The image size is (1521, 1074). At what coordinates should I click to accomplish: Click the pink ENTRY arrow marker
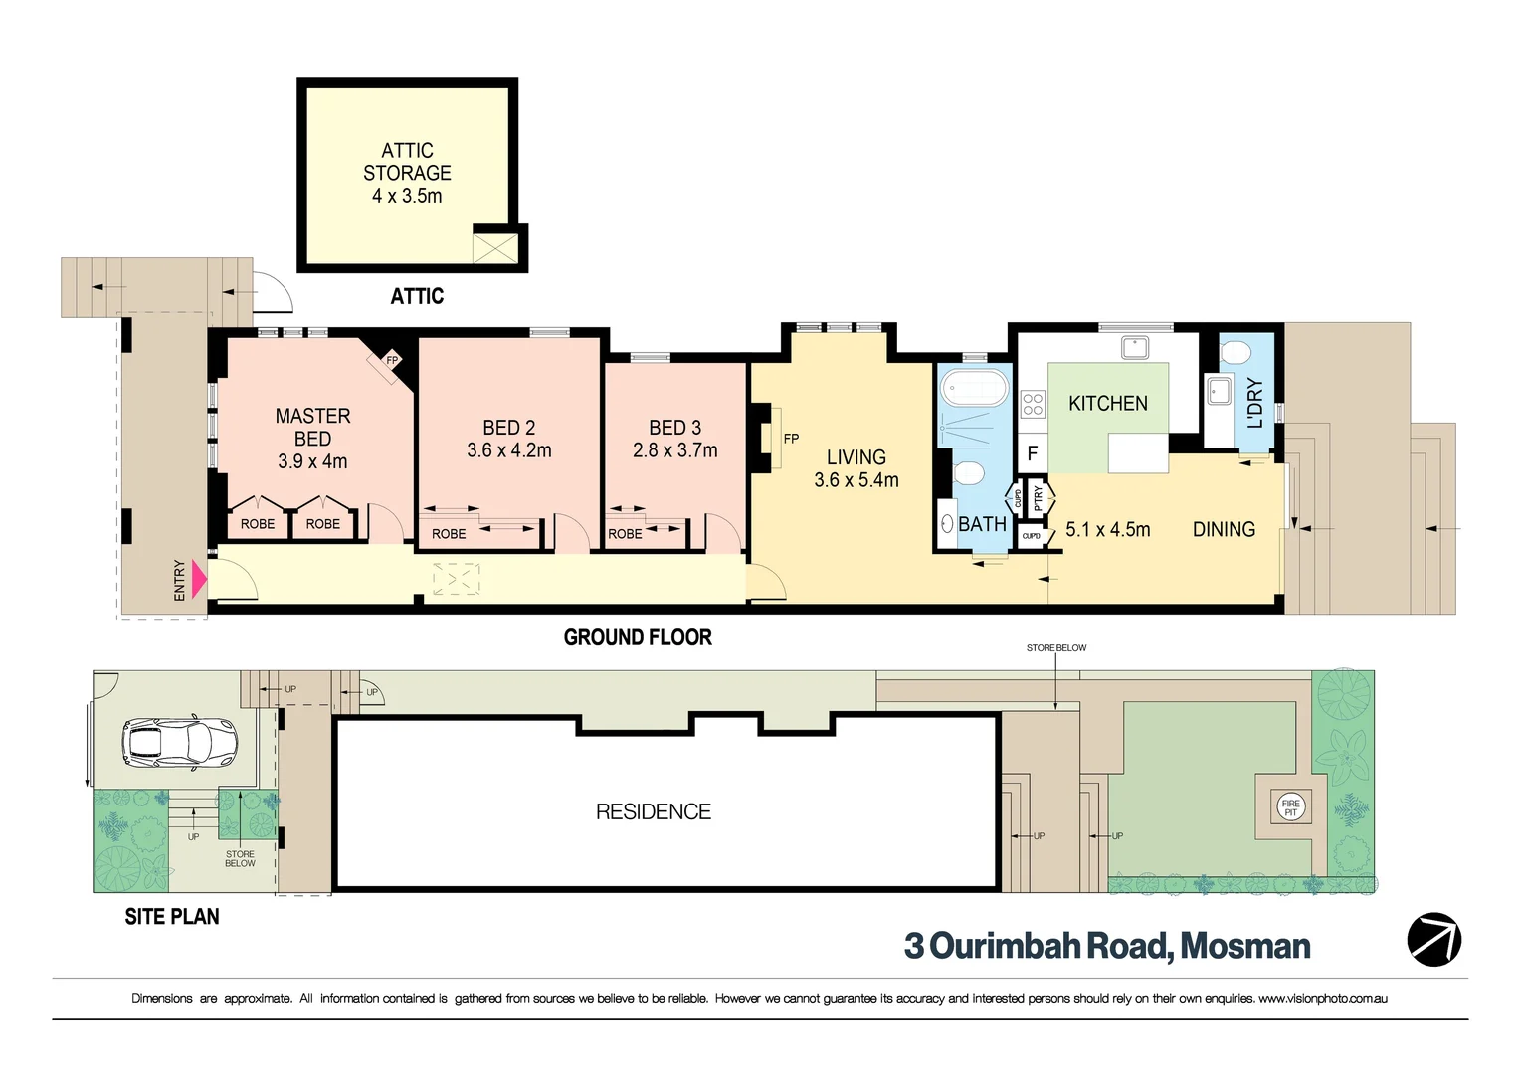[198, 579]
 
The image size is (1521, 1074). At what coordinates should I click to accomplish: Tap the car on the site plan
[180, 742]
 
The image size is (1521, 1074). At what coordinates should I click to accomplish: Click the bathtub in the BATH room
[975, 388]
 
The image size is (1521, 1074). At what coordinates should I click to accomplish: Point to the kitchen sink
[1134, 348]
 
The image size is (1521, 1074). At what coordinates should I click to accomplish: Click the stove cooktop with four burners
[1033, 404]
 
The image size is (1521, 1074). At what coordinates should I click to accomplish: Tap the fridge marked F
[1032, 453]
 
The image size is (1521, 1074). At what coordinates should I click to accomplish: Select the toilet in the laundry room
[1235, 352]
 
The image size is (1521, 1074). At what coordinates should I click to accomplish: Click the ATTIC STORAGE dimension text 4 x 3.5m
[407, 196]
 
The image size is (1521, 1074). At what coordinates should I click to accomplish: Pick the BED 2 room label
[508, 428]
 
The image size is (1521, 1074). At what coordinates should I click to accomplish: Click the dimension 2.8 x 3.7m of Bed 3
[674, 450]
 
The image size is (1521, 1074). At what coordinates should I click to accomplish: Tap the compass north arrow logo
[1433, 939]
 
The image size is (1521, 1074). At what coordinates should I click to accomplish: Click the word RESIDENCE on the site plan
[653, 811]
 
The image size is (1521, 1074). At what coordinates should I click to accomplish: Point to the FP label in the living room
[791, 439]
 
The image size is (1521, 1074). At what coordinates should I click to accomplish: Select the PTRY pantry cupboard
[1038, 496]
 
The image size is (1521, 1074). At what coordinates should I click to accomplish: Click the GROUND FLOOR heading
[638, 637]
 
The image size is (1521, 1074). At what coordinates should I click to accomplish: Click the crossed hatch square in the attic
[494, 246]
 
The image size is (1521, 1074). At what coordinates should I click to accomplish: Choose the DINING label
[1224, 530]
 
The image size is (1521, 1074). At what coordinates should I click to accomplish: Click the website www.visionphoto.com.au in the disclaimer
[1322, 998]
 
